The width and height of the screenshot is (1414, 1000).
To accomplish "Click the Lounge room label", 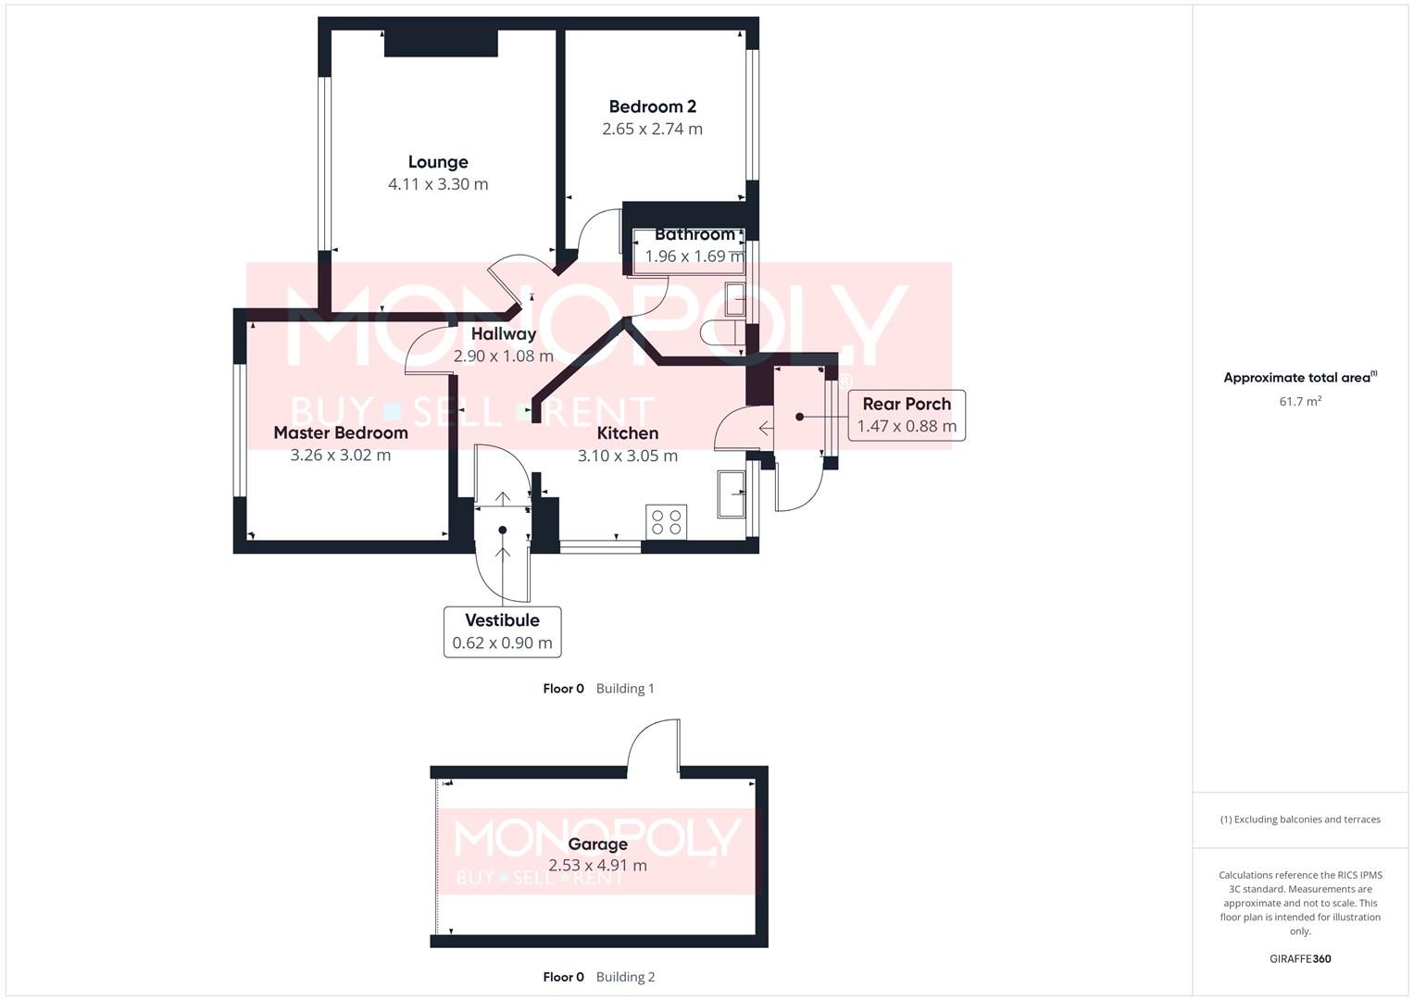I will click(438, 162).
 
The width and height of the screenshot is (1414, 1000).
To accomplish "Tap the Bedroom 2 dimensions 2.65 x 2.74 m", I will click(652, 129).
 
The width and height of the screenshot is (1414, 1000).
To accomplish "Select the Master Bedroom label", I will click(341, 432).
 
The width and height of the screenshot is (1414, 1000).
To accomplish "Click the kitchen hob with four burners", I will click(667, 521).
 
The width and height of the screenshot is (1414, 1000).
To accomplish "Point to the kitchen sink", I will click(732, 494).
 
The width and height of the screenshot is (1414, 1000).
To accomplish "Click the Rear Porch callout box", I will click(907, 415).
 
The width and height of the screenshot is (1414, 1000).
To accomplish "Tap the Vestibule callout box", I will click(502, 631).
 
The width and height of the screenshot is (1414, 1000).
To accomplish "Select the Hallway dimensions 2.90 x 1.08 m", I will click(503, 356).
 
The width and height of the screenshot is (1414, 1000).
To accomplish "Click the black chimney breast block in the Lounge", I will click(441, 43).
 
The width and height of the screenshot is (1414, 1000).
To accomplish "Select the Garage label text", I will click(597, 844).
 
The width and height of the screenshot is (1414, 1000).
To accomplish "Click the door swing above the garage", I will click(654, 746).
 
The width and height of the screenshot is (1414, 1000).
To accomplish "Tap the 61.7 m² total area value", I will click(1299, 401).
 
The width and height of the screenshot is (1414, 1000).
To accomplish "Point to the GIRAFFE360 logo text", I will click(1299, 958).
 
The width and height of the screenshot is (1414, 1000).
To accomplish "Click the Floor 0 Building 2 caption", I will click(598, 977).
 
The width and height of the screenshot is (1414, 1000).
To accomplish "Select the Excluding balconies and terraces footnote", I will click(1299, 819).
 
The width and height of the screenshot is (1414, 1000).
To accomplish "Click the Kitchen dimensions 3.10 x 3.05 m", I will click(628, 456).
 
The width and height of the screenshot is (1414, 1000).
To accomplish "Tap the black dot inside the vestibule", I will click(503, 530).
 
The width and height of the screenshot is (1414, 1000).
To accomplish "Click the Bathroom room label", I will click(694, 234).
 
